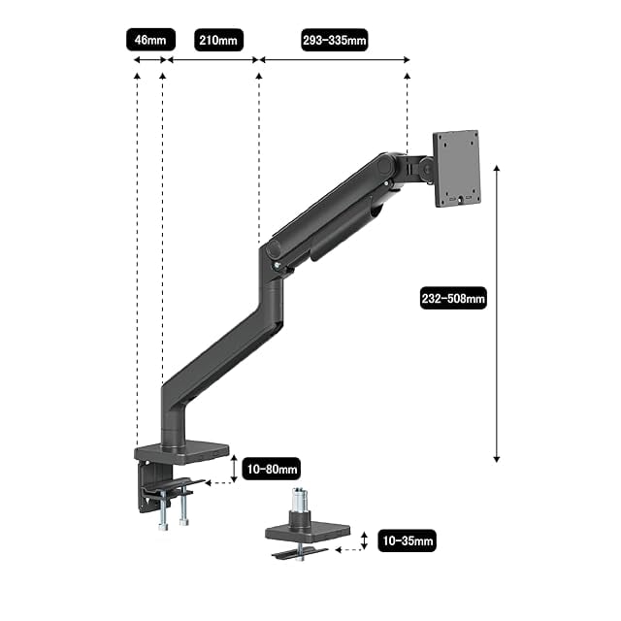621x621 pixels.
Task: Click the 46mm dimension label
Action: (x=150, y=40)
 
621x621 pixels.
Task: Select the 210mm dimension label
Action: (x=218, y=40)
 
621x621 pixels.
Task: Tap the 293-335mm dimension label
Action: (x=334, y=40)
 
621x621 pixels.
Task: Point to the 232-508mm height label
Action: (x=453, y=298)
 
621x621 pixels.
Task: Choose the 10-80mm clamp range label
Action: (x=272, y=469)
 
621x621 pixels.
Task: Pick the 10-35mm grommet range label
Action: (x=408, y=540)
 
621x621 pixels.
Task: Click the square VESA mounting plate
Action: (x=457, y=168)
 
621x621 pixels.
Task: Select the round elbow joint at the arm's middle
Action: (x=274, y=249)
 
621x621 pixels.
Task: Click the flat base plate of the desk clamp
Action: (x=181, y=453)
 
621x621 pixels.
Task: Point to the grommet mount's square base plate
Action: (x=308, y=533)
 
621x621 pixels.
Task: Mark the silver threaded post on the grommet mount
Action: (x=300, y=499)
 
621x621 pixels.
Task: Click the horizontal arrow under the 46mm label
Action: (x=149, y=60)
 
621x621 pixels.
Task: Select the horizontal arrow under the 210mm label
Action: (x=213, y=60)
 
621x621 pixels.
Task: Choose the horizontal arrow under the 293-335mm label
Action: (x=334, y=60)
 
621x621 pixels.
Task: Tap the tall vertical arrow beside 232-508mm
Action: (x=497, y=313)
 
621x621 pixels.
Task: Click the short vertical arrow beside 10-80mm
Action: (x=234, y=469)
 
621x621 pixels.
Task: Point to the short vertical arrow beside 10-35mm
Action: (x=365, y=540)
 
